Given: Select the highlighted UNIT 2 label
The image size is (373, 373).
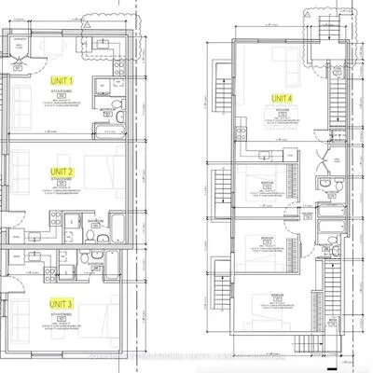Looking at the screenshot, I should (x=63, y=173).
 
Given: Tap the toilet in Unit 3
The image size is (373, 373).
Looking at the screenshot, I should (x=85, y=256).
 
